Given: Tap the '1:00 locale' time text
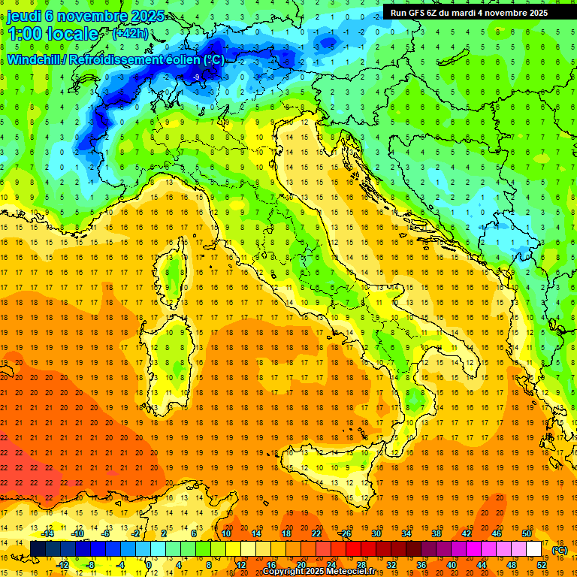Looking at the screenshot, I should [x=53, y=34].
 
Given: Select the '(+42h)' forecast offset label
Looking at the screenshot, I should [x=130, y=33].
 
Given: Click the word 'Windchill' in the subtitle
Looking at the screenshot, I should [x=33, y=59].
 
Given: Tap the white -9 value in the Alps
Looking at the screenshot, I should [x=196, y=77].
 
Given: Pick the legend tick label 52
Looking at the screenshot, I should [x=542, y=565].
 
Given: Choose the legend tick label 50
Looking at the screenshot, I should [x=527, y=533].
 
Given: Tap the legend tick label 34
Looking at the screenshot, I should [x=406, y=533].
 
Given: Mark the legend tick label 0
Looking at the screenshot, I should [x=149, y=565].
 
